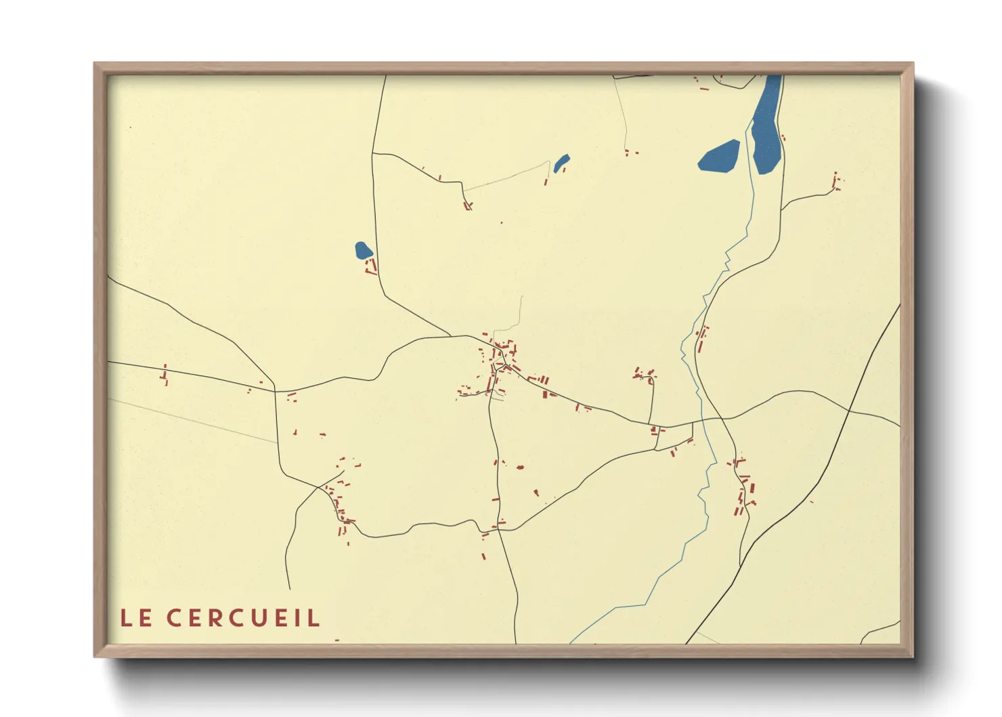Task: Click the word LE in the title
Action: (x=135, y=618)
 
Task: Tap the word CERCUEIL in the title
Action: (x=243, y=618)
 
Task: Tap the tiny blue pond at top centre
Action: (x=561, y=163)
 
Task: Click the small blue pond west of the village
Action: (x=363, y=251)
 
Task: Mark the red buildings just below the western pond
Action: (x=370, y=266)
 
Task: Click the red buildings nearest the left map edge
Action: (x=164, y=375)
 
